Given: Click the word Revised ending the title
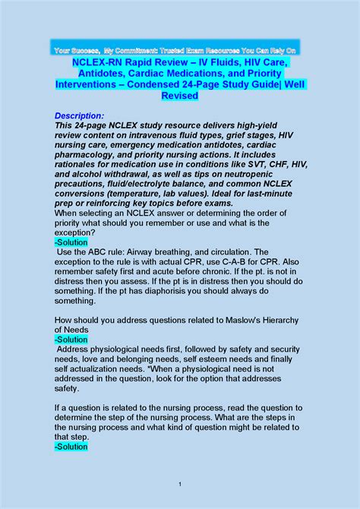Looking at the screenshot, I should point(179,96).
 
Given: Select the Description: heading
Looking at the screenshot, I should point(84,115).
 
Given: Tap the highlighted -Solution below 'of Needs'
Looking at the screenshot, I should point(71,340).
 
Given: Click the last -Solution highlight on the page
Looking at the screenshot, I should point(71,447).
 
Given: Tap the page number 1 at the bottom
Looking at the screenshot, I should point(179,484).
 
